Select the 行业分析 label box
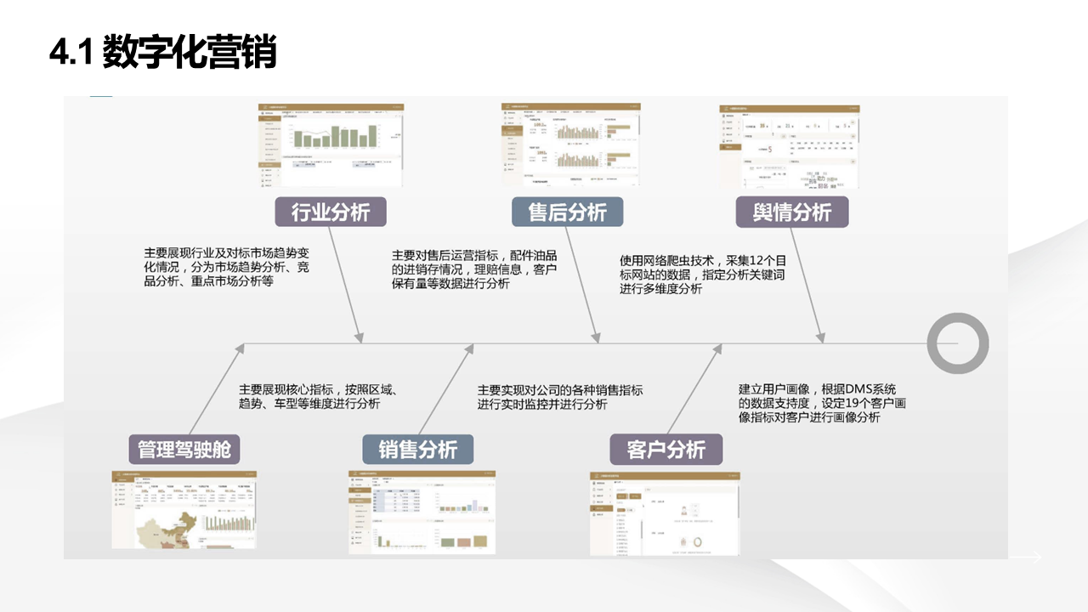pyautogui.click(x=331, y=212)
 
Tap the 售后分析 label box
pyautogui.click(x=567, y=212)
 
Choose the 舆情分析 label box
pyautogui.click(x=792, y=212)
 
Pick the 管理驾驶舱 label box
pyautogui.click(x=184, y=449)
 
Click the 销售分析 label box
pyautogui.click(x=418, y=449)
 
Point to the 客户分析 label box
pyautogui.click(x=666, y=449)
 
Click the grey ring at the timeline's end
pyautogui.click(x=957, y=343)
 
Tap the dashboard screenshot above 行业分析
pyautogui.click(x=331, y=144)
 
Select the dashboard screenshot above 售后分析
pyautogui.click(x=570, y=144)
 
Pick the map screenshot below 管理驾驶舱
pyautogui.click(x=184, y=509)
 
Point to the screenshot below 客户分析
pyautogui.click(x=665, y=513)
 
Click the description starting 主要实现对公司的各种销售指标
pyautogui.click(x=560, y=397)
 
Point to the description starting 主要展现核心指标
pyautogui.click(x=319, y=397)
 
